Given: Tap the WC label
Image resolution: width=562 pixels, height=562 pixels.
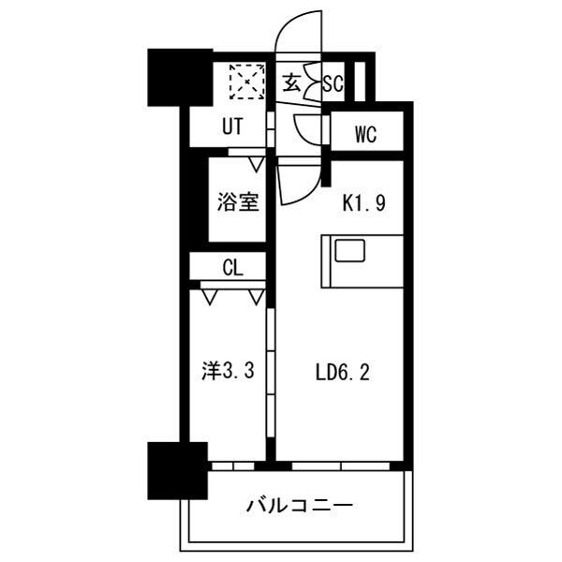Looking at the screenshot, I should [x=365, y=134].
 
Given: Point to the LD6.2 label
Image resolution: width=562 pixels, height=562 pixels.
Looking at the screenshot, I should [x=343, y=373].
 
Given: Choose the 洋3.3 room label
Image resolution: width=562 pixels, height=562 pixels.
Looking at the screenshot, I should [x=229, y=371].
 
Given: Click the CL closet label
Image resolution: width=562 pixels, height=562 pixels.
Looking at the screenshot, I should [x=233, y=267].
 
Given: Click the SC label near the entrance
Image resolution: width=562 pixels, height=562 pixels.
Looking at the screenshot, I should [x=333, y=82].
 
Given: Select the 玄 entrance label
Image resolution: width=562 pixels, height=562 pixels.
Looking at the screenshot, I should [x=291, y=82].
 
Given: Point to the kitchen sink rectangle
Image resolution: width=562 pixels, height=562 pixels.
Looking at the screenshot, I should [x=352, y=251].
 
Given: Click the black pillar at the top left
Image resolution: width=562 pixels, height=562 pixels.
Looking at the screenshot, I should [x=169, y=74].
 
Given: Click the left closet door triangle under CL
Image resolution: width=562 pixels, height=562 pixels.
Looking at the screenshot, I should [x=210, y=298].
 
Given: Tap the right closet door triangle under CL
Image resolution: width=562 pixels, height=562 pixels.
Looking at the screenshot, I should [x=257, y=298].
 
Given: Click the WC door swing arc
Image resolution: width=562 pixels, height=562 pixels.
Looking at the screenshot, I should [x=307, y=128].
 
